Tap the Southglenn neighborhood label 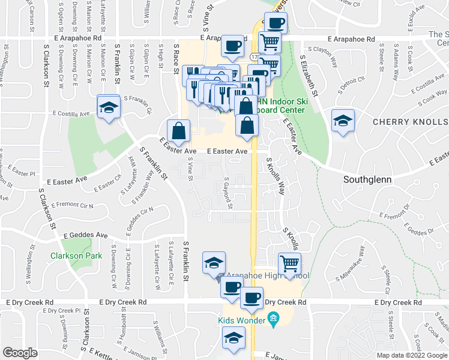tap(367, 179)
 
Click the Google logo tap(20, 353)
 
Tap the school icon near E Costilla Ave tap(109, 107)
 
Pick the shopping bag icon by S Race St tap(179, 130)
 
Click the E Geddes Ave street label tap(85, 235)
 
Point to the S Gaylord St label tap(229, 193)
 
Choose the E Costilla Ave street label tap(70, 113)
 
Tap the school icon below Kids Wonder tap(232, 339)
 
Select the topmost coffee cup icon tap(276, 24)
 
